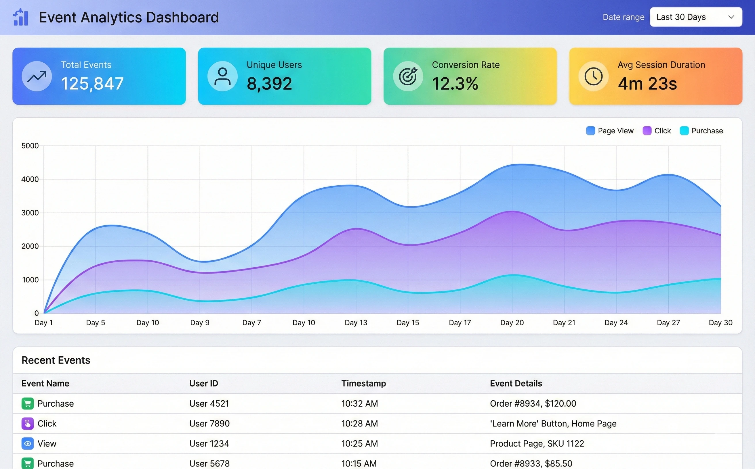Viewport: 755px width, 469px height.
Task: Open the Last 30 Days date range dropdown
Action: (x=695, y=17)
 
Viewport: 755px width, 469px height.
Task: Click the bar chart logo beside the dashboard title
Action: (x=21, y=17)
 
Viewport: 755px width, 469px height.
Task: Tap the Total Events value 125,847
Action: (x=92, y=84)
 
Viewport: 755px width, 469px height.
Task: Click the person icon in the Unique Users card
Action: (x=222, y=76)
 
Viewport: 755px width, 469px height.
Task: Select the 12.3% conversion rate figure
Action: (x=455, y=84)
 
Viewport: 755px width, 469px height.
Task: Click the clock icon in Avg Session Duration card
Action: (x=593, y=76)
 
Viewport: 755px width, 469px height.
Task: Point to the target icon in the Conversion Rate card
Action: (x=408, y=76)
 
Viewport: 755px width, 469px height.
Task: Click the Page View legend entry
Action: (x=610, y=130)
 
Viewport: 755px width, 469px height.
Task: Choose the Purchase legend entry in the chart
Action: (x=701, y=130)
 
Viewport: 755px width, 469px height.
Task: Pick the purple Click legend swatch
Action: (x=647, y=130)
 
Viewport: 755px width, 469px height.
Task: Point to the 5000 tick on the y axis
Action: (x=30, y=146)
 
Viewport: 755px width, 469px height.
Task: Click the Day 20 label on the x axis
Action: (x=512, y=323)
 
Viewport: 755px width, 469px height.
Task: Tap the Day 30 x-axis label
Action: (x=720, y=323)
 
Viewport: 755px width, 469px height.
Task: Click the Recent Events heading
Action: (x=56, y=360)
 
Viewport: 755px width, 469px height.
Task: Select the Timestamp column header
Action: (x=363, y=383)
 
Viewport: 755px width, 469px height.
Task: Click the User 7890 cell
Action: (x=209, y=423)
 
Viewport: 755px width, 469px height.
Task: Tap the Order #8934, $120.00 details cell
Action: (x=533, y=403)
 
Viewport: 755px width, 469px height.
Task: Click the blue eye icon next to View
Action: (x=28, y=443)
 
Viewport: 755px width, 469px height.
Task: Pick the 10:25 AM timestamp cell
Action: (x=359, y=443)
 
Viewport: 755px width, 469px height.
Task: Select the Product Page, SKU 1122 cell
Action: (x=537, y=443)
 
